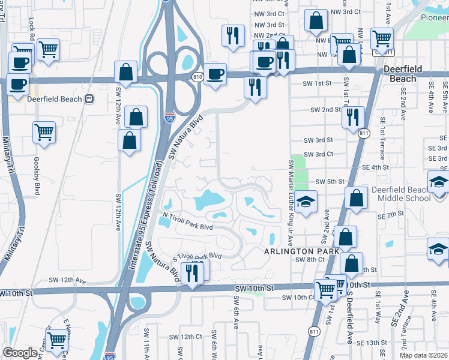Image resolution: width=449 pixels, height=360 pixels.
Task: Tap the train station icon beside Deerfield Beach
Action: (x=89, y=99)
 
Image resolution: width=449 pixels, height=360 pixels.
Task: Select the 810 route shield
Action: (x=197, y=77)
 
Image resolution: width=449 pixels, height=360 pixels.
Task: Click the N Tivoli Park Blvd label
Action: (x=188, y=228)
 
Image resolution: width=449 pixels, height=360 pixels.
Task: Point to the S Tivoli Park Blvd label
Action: (x=197, y=256)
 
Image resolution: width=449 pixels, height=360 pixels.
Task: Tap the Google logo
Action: (x=20, y=352)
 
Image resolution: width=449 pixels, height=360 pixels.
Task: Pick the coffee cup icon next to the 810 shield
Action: (x=215, y=74)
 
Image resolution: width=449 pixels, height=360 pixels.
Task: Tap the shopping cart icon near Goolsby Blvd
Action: (x=44, y=131)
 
